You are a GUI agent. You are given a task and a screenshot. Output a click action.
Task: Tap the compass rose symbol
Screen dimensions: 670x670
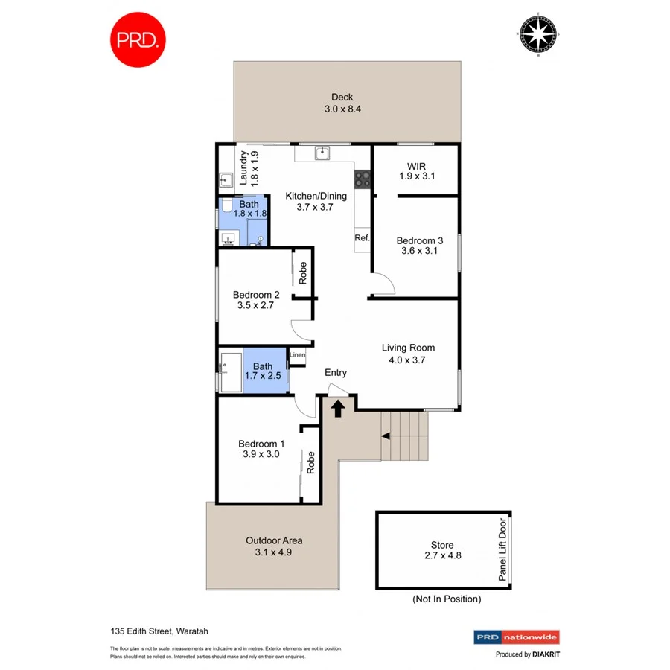tap(537, 34)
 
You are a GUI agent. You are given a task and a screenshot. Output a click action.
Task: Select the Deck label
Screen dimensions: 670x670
tap(342, 103)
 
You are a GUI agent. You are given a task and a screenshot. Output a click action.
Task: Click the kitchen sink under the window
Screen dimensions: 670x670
tap(322, 153)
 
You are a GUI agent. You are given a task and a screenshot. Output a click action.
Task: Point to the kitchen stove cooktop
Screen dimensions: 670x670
tap(363, 179)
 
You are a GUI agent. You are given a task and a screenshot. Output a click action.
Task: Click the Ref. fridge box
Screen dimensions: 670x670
tap(363, 238)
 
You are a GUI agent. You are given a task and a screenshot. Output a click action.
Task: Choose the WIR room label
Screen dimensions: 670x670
tap(415, 171)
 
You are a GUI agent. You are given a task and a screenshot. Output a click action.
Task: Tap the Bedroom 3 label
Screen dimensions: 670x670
tap(420, 246)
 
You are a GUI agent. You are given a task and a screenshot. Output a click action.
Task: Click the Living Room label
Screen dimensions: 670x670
tap(408, 354)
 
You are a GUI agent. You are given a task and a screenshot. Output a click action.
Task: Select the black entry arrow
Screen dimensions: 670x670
tap(337, 408)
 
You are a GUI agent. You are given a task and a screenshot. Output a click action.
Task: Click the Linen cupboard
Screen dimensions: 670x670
tap(297, 356)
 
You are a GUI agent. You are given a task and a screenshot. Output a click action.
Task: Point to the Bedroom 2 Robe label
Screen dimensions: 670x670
tap(303, 274)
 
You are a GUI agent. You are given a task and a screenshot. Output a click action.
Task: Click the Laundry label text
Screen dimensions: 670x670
tap(248, 168)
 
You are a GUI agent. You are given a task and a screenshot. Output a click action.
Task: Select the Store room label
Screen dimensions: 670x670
tap(441, 550)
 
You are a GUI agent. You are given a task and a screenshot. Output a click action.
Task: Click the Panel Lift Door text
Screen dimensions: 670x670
tap(502, 549)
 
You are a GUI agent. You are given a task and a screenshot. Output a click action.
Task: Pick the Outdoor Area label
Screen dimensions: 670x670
tap(274, 546)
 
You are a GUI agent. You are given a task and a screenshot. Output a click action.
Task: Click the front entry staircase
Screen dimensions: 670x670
tap(405, 436)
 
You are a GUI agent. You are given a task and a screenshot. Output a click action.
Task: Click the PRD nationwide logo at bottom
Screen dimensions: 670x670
tap(517, 637)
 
